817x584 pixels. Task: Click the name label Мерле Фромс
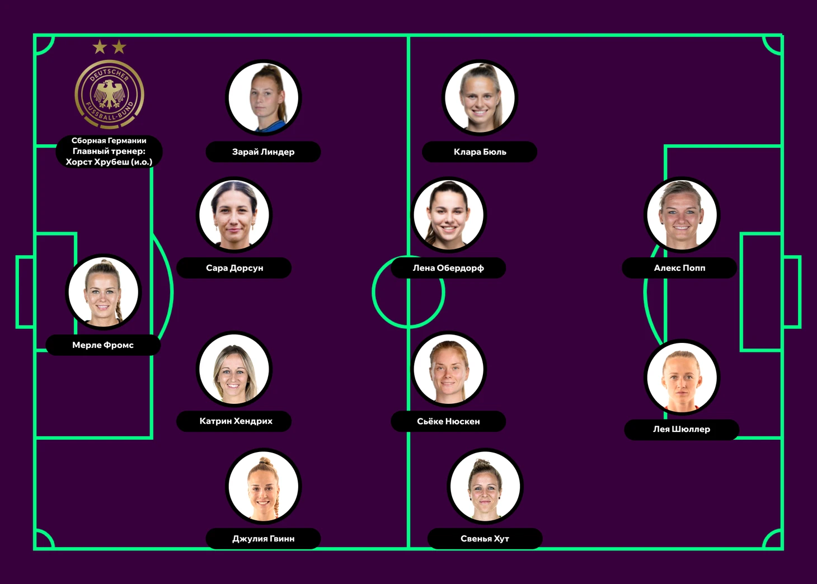pyautogui.click(x=103, y=345)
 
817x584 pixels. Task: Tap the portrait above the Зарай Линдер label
pyautogui.click(x=264, y=97)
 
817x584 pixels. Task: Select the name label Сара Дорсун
pyautogui.click(x=234, y=268)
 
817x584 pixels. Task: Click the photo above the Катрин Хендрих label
pyautogui.click(x=234, y=369)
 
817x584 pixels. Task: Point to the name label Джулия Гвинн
pyautogui.click(x=264, y=539)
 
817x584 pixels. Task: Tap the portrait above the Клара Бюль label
pyautogui.click(x=480, y=97)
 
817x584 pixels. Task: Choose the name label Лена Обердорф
pyautogui.click(x=448, y=268)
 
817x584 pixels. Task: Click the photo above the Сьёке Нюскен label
pyautogui.click(x=449, y=369)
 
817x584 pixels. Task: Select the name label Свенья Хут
pyautogui.click(x=485, y=539)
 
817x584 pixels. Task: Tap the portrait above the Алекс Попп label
pyautogui.click(x=682, y=215)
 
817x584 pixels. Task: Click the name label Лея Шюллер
pyautogui.click(x=682, y=430)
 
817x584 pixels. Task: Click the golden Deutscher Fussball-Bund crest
pyautogui.click(x=110, y=94)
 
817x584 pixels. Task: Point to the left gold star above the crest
pyautogui.click(x=100, y=47)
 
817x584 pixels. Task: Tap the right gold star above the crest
pyautogui.click(x=119, y=47)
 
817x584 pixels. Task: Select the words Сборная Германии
pyautogui.click(x=109, y=141)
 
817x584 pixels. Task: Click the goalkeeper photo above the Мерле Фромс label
pyautogui.click(x=103, y=291)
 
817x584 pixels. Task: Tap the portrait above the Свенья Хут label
pyautogui.click(x=485, y=486)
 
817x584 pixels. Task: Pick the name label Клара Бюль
pyautogui.click(x=480, y=152)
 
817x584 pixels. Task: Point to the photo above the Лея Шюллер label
pyautogui.click(x=682, y=377)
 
